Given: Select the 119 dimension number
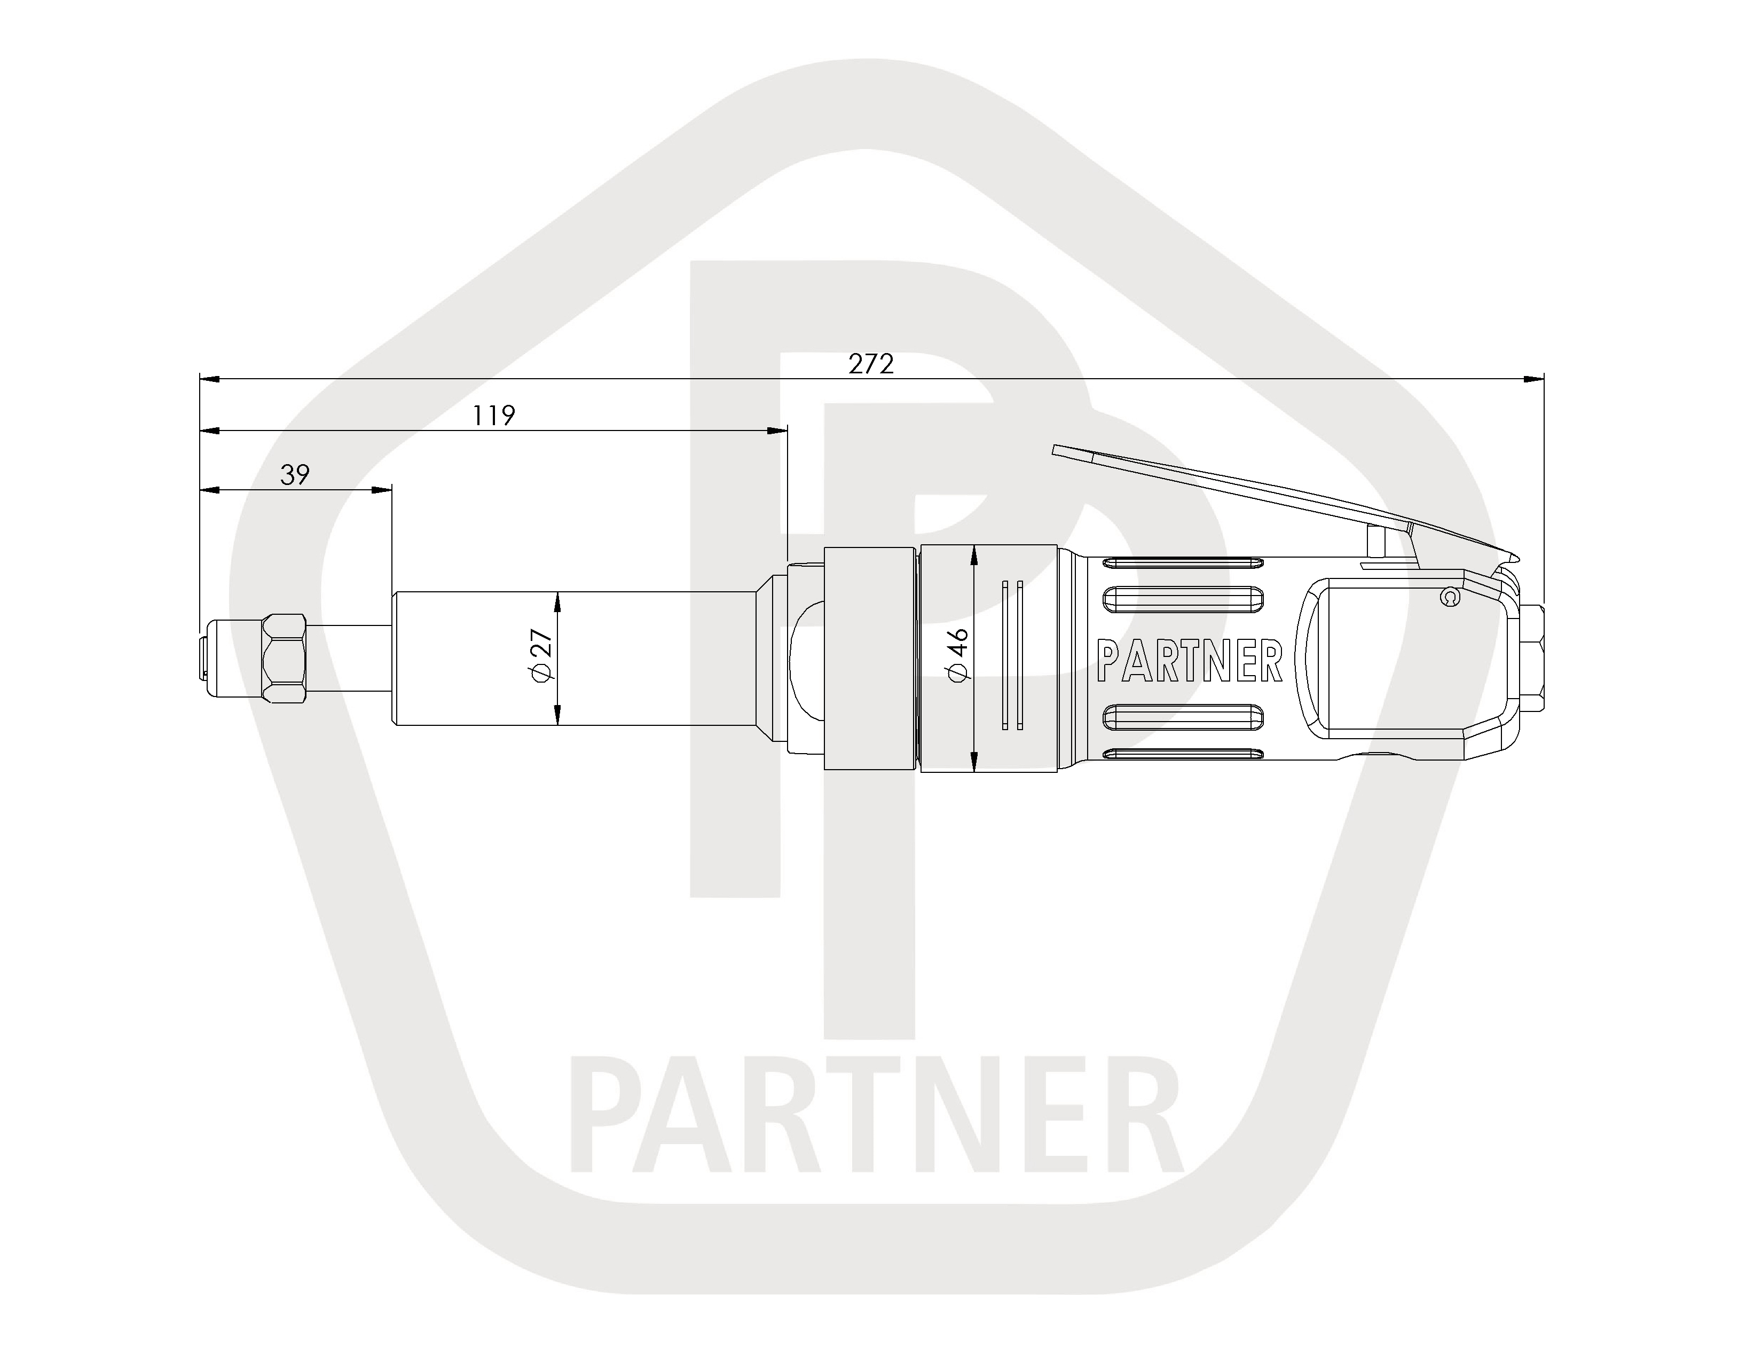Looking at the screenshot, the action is (x=494, y=416).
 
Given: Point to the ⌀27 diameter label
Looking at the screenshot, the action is (x=542, y=654).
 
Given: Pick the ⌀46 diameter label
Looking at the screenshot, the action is (x=958, y=655).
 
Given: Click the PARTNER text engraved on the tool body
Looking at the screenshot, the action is (x=1190, y=662).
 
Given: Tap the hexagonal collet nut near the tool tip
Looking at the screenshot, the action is (x=286, y=659).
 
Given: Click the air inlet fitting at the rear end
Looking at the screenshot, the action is (x=1532, y=659).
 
